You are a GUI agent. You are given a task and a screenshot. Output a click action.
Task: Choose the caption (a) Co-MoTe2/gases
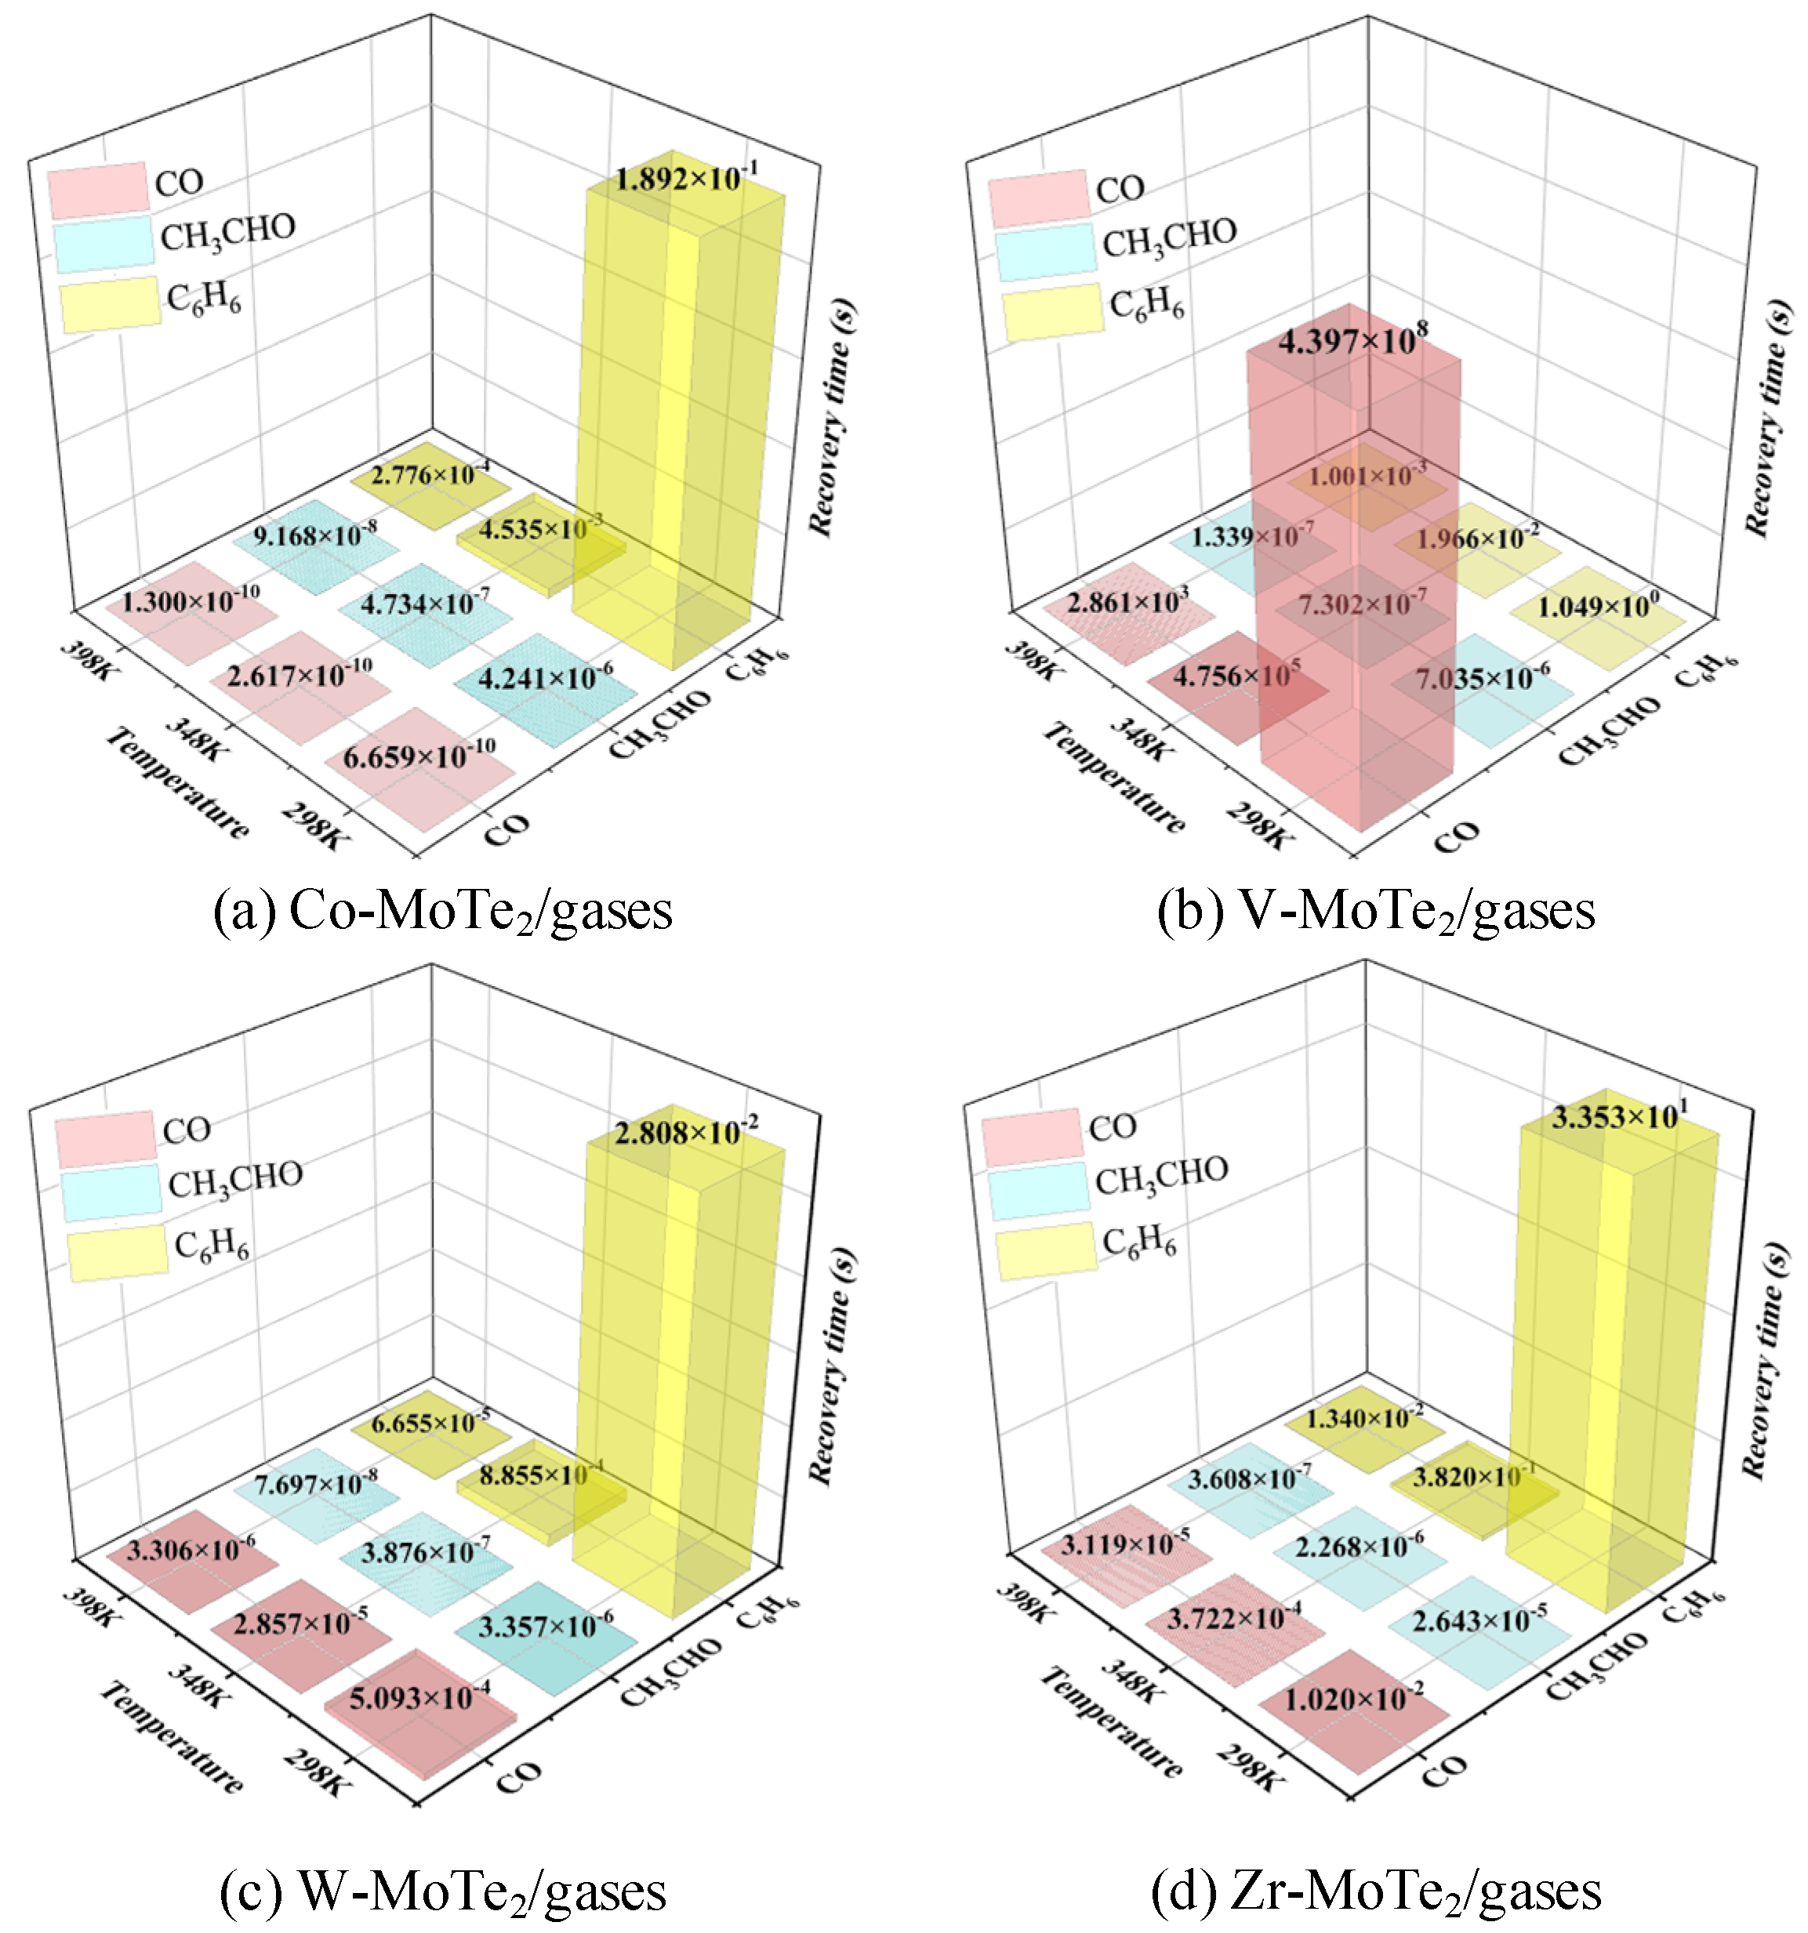pos(442,912)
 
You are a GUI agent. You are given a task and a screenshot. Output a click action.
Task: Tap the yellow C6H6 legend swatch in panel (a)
pos(110,304)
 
